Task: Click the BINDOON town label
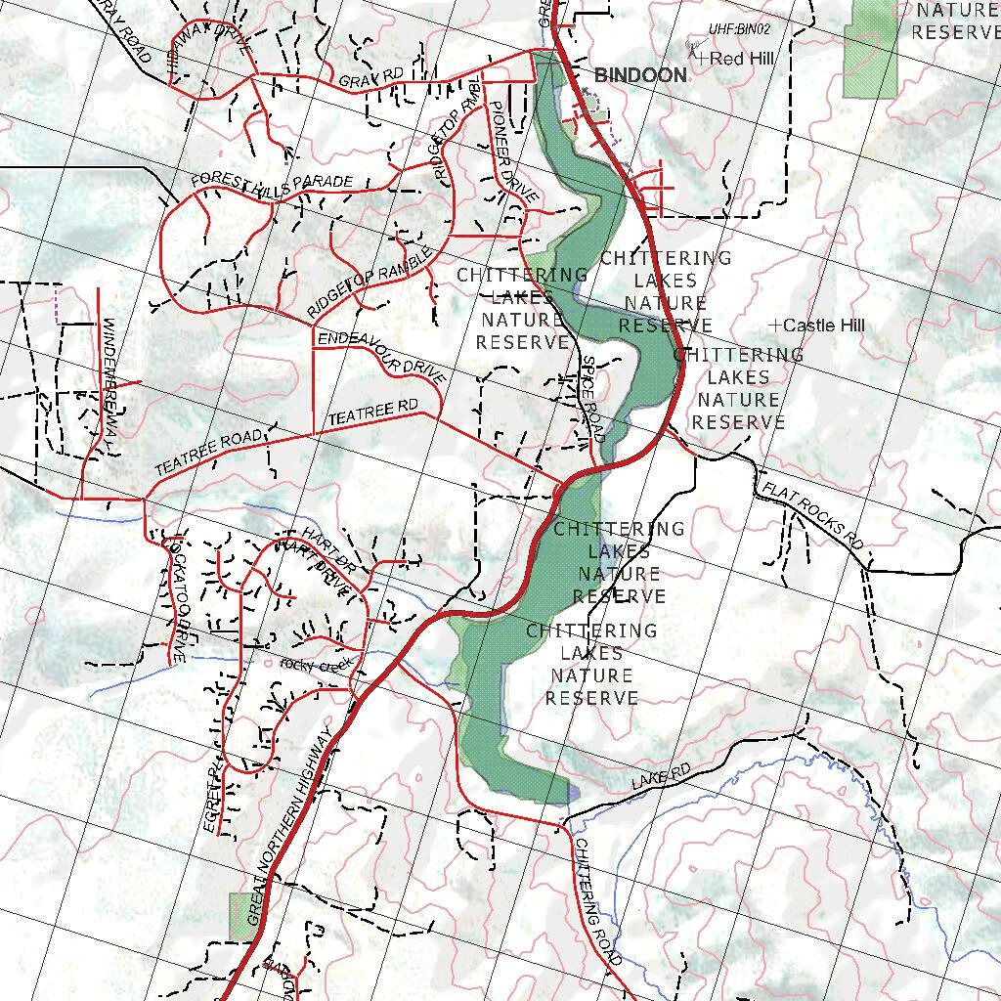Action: coord(640,75)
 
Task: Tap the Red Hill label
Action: coord(742,60)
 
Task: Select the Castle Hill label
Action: coord(824,326)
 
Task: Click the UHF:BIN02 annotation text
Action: coord(742,31)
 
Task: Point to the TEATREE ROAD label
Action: coord(208,453)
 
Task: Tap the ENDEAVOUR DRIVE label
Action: coord(382,356)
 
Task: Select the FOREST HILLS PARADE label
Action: coord(272,182)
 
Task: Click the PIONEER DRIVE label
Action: coord(512,152)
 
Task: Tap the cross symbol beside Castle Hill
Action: coord(775,325)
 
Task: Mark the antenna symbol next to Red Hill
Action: coord(694,50)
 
